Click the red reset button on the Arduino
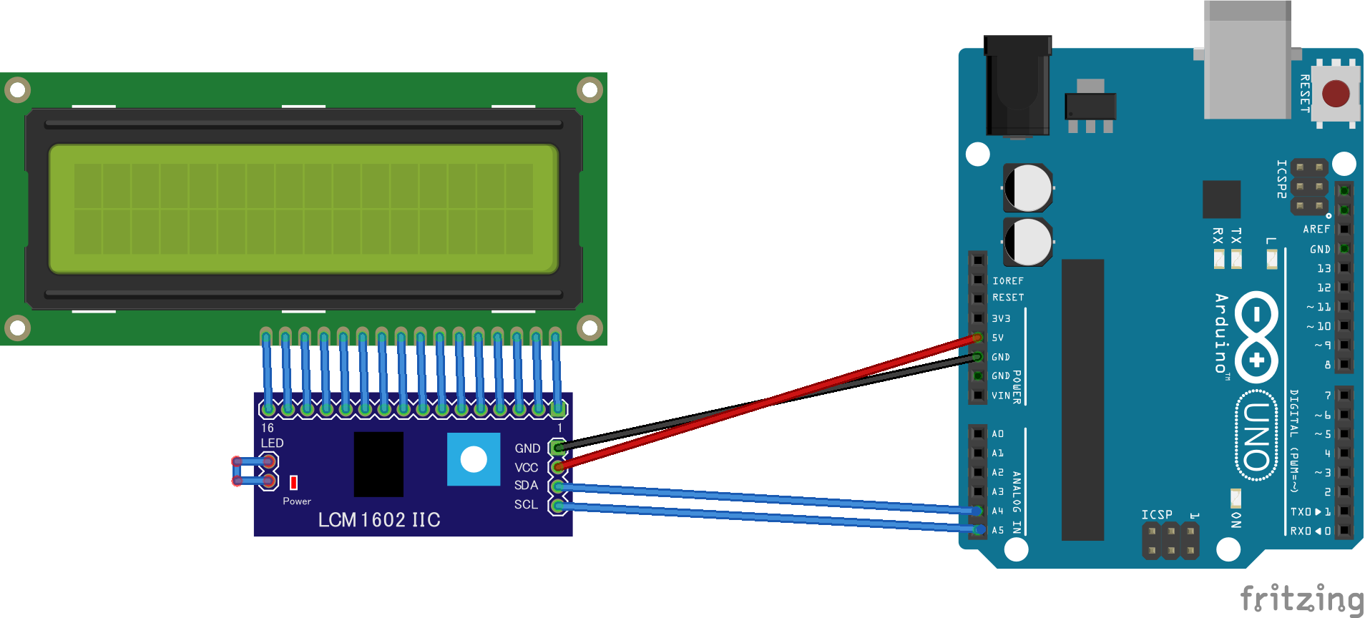coord(1336,94)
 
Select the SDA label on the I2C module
coord(526,486)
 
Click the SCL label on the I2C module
coord(526,505)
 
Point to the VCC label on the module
coord(526,468)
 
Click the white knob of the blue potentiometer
coord(474,459)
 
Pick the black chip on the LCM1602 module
coord(378,463)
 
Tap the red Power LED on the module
coord(293,482)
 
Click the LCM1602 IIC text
coord(379,520)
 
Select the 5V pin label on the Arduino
coord(997,338)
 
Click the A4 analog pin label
coord(997,511)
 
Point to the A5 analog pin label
coord(997,530)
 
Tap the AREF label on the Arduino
coord(1316,230)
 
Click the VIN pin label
coord(1001,396)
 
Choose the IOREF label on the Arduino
coord(1007,281)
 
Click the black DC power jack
coord(1017,86)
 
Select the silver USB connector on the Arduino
coord(1247,61)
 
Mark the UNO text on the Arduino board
coord(1257,436)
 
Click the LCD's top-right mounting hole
coord(589,90)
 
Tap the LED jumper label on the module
coord(272,443)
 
